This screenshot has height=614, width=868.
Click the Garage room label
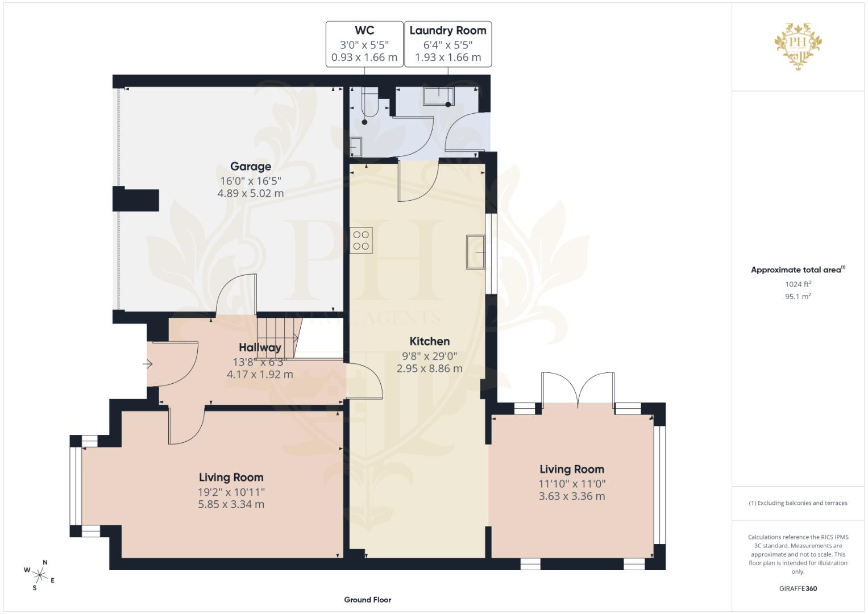[251, 167]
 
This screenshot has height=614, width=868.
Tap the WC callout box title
[364, 31]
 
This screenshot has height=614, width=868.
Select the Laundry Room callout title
[448, 31]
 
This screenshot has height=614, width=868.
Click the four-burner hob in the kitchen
[361, 240]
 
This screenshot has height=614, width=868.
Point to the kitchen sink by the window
[475, 251]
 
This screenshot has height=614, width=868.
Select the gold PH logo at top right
[798, 45]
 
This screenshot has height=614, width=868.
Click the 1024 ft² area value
[798, 284]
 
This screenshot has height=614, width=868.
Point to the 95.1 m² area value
[798, 296]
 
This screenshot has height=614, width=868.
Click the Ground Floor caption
[368, 600]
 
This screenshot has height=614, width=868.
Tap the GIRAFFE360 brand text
[798, 588]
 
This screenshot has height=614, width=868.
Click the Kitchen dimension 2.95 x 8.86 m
[429, 368]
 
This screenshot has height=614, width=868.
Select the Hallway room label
[260, 347]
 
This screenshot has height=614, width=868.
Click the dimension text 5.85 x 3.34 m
[231, 504]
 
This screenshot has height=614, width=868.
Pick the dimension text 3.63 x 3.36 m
[572, 496]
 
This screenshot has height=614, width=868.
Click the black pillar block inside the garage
[136, 200]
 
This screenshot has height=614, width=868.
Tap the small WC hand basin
[355, 147]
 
